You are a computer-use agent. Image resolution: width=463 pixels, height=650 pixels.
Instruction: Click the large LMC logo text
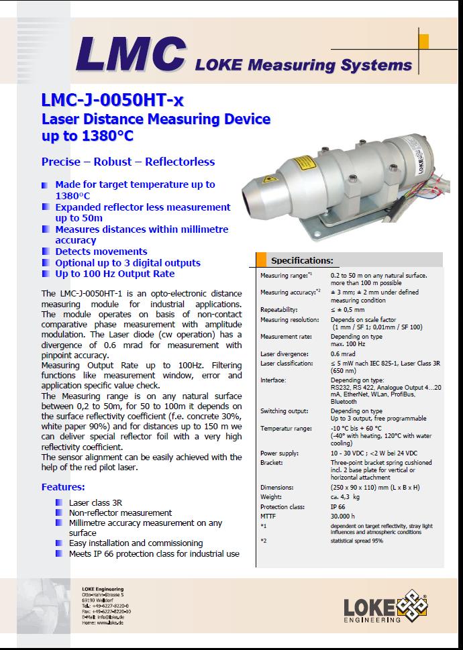coord(130,54)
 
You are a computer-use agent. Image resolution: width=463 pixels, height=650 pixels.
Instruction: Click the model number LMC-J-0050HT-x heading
coord(112,101)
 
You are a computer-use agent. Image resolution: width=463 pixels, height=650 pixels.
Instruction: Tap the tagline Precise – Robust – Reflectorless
coord(128,162)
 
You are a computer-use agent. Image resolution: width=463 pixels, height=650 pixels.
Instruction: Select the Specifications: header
coord(301,260)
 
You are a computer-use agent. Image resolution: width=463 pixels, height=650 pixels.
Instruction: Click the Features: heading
coord(63,486)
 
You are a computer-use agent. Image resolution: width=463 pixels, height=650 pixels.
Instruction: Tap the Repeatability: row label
coord(280,311)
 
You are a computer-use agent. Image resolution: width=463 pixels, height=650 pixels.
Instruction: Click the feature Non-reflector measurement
coord(120,512)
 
